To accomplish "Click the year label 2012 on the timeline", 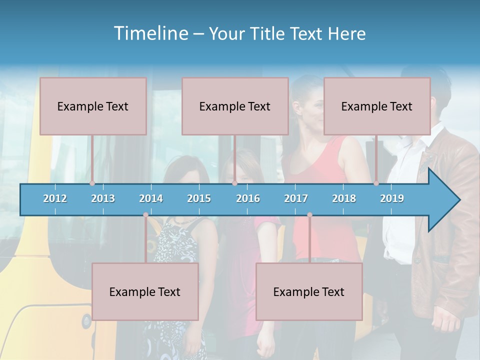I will point(55,198).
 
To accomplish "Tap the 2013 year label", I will point(103,198).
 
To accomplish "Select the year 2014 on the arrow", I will point(151,198).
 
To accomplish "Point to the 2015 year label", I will point(199,198).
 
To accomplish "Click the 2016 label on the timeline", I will point(248,198).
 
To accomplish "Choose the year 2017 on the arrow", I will point(296,198).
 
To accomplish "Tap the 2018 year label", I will point(344,198).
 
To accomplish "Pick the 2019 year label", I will point(392,198).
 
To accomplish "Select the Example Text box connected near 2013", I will point(93,106).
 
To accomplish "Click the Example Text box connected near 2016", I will point(235,106).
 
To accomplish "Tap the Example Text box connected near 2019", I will point(377,106).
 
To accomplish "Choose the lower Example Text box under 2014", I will point(145,291).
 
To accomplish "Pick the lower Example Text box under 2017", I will point(309,291).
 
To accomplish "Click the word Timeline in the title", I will point(150,33).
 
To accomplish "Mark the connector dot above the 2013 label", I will point(92,183).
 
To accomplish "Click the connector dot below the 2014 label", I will point(145,215).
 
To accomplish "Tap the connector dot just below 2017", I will point(309,215).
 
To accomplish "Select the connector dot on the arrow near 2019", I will point(376,183).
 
